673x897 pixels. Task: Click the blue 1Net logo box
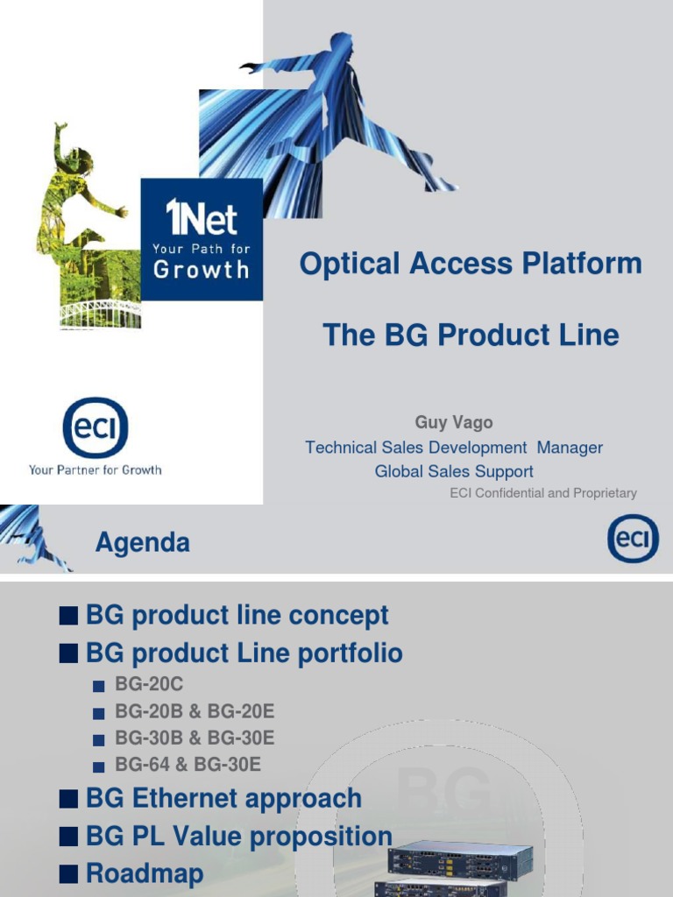point(202,239)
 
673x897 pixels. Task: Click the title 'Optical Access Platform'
point(471,264)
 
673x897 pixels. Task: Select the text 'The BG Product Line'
point(471,335)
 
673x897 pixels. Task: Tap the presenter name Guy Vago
point(454,422)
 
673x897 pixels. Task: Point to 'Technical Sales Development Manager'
point(454,448)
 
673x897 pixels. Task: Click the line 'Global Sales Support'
point(454,471)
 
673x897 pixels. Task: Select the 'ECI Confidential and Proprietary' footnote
point(543,493)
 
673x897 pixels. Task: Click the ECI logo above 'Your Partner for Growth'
point(95,427)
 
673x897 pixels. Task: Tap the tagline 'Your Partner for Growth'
point(95,470)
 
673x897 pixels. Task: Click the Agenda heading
point(143,543)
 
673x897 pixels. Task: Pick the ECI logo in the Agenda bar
point(633,539)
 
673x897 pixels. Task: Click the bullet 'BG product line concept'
point(237,615)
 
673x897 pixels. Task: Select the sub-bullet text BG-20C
point(149,684)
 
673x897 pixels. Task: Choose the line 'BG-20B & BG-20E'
point(195,711)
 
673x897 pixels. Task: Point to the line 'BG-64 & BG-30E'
point(188,765)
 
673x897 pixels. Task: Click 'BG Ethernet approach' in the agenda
point(223,798)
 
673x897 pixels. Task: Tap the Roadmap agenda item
point(145,873)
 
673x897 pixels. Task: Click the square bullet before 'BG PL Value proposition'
point(67,837)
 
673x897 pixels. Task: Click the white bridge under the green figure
point(100,314)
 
